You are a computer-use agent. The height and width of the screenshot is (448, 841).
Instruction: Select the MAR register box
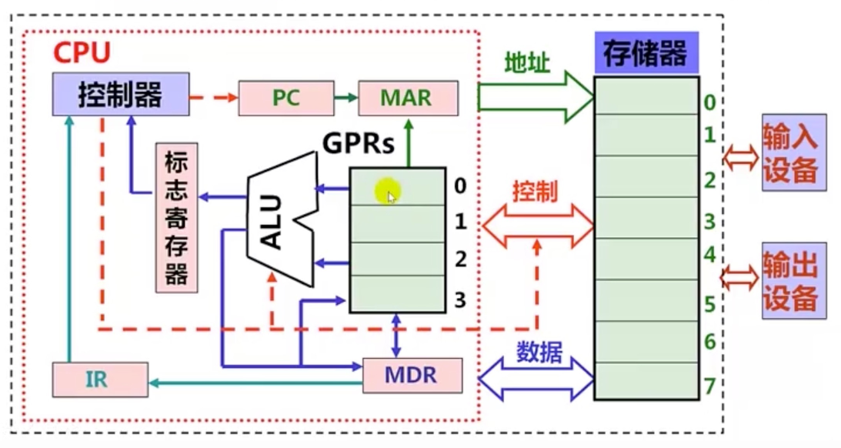[408, 98]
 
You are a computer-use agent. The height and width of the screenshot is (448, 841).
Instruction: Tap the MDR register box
[412, 376]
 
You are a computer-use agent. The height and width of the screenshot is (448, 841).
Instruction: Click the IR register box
[100, 380]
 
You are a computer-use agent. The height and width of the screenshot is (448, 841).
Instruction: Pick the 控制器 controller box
[121, 95]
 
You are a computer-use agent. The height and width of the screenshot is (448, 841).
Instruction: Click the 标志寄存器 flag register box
[176, 218]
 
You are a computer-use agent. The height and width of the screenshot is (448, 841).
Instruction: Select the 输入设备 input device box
[793, 152]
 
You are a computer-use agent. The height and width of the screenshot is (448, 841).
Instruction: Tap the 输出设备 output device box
[793, 280]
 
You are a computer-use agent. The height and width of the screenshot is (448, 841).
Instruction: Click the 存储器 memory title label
[646, 54]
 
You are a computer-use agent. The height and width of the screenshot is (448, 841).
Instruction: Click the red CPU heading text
[82, 54]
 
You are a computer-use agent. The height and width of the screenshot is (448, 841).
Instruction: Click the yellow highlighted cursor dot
[386, 192]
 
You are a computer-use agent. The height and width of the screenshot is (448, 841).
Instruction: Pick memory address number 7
[709, 385]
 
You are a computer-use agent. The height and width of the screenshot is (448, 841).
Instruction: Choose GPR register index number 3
[460, 299]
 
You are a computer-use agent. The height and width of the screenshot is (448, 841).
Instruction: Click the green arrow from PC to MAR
[346, 98]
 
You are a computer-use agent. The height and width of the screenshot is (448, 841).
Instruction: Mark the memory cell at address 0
[646, 95]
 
